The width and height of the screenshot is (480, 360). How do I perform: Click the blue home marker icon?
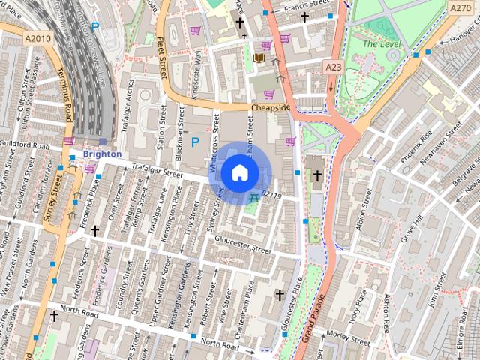click(239, 172)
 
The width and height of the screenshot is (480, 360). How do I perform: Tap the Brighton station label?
click(102, 154)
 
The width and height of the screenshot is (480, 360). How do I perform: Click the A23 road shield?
click(334, 67)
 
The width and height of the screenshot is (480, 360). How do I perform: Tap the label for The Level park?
click(377, 44)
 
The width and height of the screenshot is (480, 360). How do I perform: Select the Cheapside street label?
click(270, 108)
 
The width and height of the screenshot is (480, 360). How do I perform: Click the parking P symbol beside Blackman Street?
click(196, 142)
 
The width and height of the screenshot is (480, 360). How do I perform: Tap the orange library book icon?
click(259, 58)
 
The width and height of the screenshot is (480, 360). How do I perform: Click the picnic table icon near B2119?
click(255, 198)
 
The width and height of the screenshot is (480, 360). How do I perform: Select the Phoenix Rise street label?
click(416, 148)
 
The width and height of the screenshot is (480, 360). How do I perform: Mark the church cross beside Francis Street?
click(304, 17)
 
